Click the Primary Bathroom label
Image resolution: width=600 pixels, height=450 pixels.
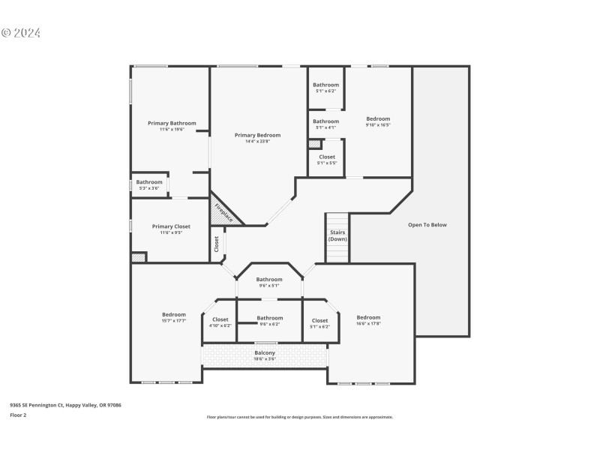point(172,123)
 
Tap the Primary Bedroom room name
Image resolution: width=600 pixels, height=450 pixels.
point(257,135)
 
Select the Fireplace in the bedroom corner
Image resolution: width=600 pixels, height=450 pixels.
point(223,212)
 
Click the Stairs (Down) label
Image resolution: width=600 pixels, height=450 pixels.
point(337,235)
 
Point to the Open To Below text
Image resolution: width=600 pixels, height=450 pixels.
point(427,224)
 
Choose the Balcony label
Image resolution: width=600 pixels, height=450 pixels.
point(265,352)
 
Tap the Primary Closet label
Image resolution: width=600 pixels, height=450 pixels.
point(171,226)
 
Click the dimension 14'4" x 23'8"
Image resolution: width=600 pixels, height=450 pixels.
point(257,141)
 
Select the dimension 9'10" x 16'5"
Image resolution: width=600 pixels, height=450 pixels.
point(378,124)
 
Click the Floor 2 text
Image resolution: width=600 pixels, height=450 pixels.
point(18,415)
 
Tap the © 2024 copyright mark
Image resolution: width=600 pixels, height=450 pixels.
point(21,33)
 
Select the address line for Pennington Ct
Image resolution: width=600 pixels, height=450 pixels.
point(65,405)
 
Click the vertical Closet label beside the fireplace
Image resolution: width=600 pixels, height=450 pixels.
point(217,244)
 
